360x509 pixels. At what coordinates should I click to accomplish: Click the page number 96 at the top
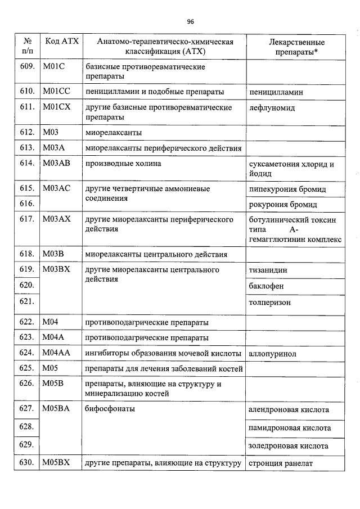(190, 22)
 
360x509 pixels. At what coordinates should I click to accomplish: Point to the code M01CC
(55, 91)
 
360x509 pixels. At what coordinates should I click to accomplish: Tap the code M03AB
(56, 164)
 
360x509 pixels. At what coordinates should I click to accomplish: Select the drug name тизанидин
(268, 270)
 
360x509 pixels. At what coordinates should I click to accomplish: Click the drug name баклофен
(266, 286)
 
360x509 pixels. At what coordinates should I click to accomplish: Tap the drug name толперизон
(269, 303)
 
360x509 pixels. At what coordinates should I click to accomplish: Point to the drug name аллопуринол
(272, 354)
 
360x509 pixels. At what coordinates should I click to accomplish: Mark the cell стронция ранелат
(280, 463)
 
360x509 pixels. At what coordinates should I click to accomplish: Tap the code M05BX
(56, 463)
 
